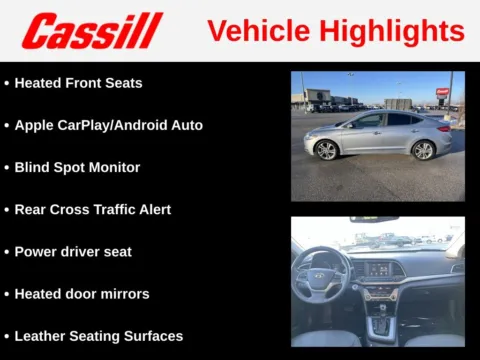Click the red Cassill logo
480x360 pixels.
91,31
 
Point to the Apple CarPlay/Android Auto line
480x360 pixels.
108,125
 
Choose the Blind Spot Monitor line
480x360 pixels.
77,167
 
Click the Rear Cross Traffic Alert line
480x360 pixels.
92,209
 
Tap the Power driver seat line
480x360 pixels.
72,252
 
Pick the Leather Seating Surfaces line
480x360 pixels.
98,336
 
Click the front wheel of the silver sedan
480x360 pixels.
326,150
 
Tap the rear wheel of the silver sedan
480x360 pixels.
423,150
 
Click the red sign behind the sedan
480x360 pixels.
442,92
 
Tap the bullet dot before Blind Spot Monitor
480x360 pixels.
7,167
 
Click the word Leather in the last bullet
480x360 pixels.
41,336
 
